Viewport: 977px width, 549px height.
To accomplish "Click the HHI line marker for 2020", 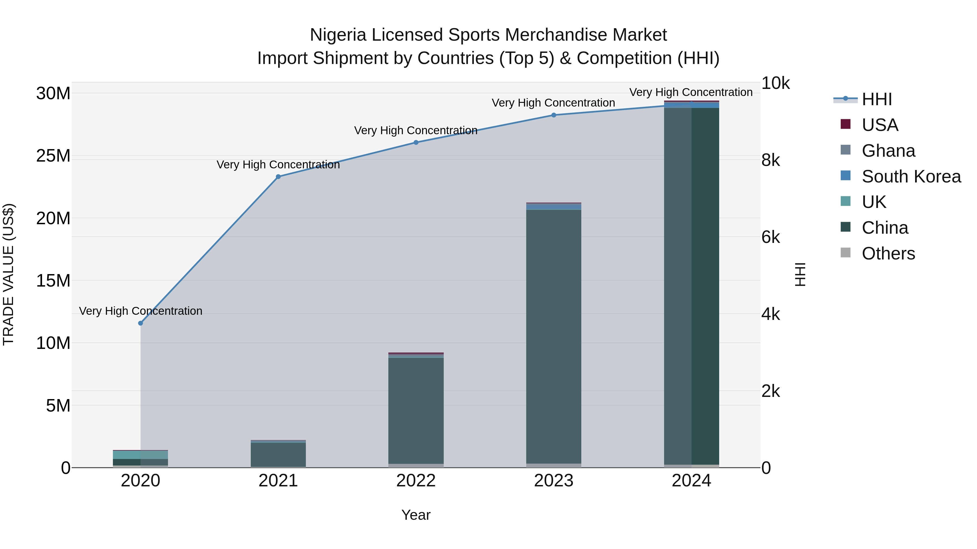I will point(140,323).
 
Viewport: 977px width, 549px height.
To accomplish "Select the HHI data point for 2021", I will point(278,176).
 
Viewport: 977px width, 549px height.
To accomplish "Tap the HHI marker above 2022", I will point(416,142).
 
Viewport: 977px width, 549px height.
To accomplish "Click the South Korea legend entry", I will point(911,176).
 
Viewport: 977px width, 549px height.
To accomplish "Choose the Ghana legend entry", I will point(888,151).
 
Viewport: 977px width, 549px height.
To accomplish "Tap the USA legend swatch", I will point(845,124).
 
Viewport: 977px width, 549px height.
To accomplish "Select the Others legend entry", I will point(888,253).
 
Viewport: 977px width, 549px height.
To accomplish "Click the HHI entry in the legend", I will point(877,99).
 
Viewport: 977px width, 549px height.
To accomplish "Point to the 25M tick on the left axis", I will point(53,156).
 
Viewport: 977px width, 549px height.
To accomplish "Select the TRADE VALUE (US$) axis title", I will point(8,274).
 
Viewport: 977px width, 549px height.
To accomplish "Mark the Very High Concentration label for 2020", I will point(140,311).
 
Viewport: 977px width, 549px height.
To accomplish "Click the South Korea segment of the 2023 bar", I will point(553,207).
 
